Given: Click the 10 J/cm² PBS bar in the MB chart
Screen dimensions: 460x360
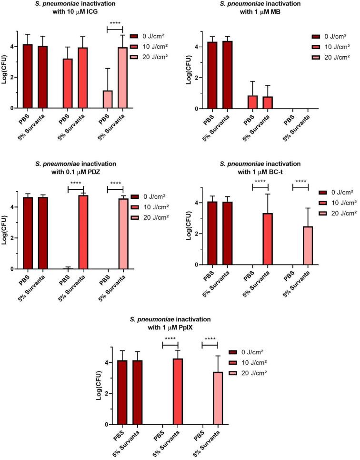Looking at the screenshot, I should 253,102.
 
